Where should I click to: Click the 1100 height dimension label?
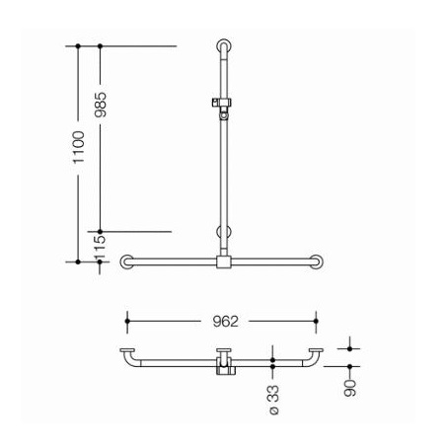(x=79, y=147)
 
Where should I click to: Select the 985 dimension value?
(x=101, y=105)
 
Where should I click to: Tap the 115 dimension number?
(x=100, y=248)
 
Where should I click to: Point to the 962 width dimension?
(x=225, y=322)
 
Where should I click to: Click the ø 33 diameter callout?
(x=273, y=400)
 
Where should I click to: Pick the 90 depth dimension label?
(x=350, y=388)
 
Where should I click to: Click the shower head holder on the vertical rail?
(x=224, y=108)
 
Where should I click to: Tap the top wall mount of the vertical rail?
(x=224, y=46)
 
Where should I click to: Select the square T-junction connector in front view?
(x=224, y=262)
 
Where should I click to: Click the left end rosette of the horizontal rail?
(x=127, y=261)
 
